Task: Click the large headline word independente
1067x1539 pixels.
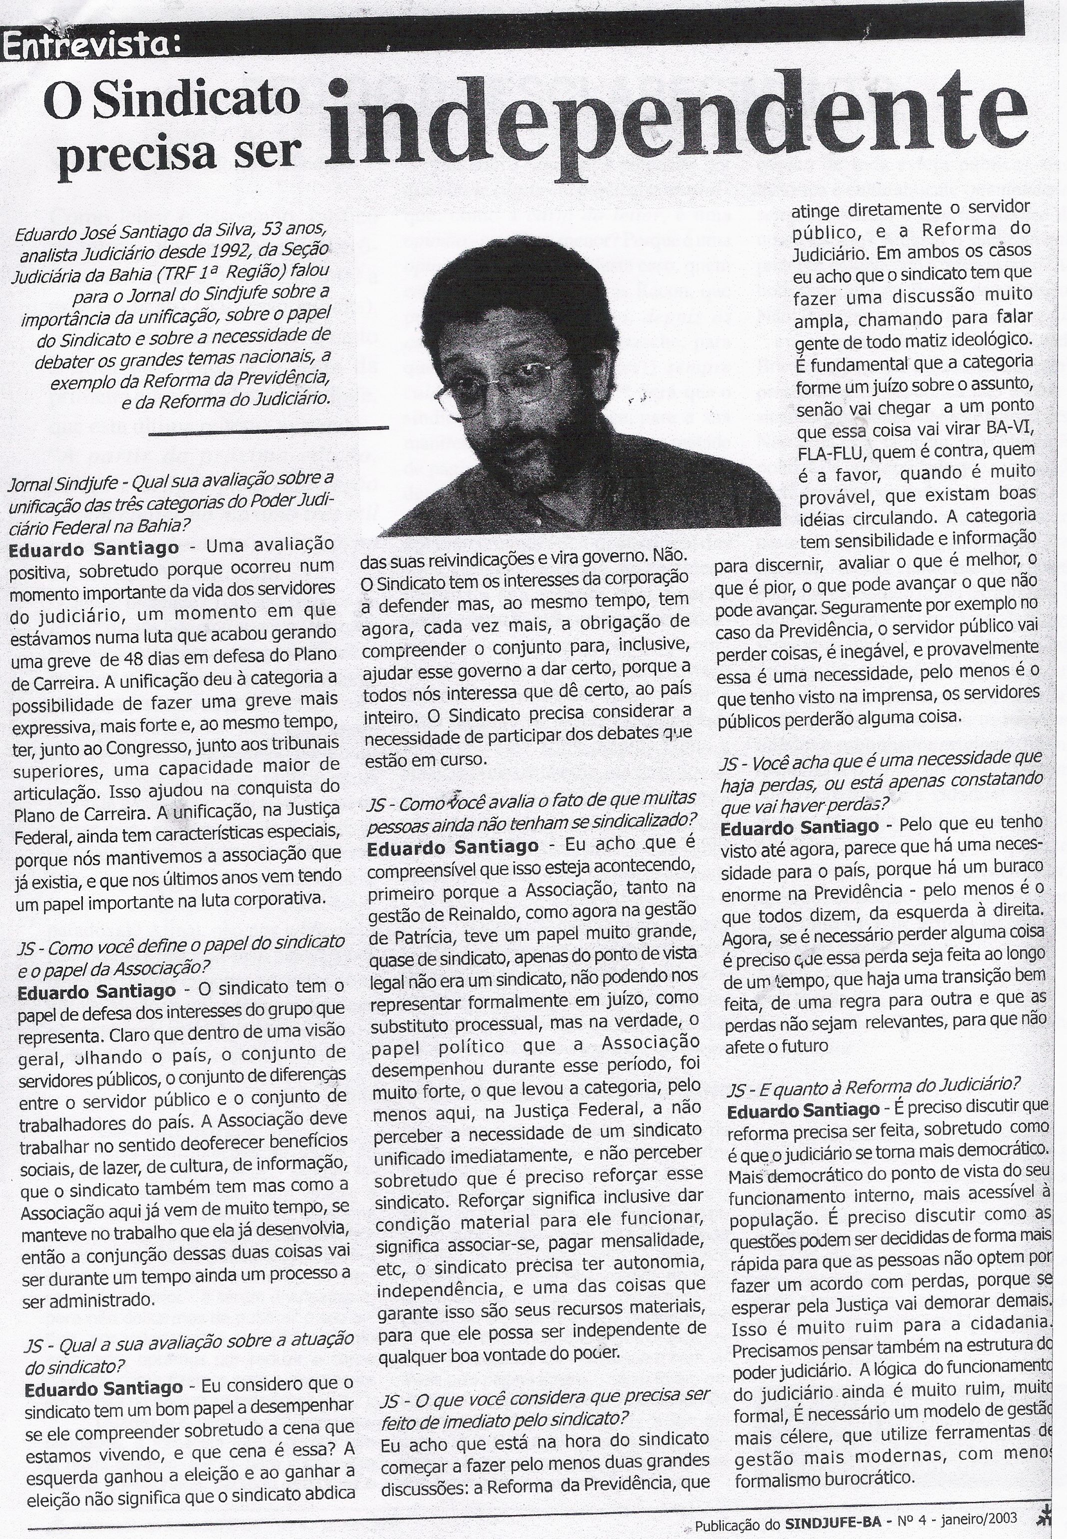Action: tap(675, 123)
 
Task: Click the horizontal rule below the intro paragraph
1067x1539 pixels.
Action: tap(268, 430)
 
